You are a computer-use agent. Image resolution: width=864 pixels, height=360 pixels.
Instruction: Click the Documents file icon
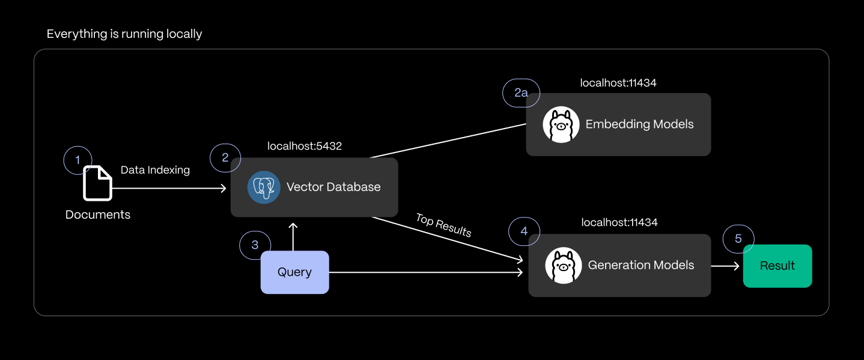97,183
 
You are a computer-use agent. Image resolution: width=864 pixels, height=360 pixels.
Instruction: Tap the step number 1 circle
78,160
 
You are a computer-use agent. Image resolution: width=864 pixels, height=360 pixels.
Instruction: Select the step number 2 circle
225,158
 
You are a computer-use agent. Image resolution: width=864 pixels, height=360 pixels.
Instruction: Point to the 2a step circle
521,93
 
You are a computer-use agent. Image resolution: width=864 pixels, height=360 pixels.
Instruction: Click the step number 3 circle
255,245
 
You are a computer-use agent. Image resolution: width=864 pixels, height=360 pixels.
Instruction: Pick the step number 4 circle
524,231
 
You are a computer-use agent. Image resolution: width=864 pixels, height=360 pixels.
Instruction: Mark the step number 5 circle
738,239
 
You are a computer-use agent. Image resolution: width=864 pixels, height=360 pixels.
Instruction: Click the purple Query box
294,272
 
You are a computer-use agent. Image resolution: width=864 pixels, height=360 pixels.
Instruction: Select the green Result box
777,266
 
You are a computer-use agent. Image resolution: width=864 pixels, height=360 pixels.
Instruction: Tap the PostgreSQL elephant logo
264,187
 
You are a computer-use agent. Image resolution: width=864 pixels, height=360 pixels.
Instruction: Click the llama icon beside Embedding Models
561,124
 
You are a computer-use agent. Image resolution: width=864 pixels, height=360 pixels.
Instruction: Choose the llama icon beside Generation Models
563,265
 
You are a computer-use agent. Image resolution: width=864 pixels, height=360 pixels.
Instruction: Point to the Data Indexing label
155,170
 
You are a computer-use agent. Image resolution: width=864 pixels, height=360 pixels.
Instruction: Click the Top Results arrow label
443,225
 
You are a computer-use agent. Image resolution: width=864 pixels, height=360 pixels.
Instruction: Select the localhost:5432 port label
305,146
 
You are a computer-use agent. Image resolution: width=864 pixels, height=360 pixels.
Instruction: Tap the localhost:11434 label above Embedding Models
618,83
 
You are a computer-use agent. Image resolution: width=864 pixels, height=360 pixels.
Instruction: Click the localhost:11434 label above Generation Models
619,222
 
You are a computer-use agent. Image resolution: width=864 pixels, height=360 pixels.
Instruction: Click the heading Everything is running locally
124,34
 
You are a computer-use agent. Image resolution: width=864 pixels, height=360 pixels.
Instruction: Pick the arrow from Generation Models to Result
725,266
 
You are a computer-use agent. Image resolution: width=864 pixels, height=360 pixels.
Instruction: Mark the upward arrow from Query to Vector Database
293,236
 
